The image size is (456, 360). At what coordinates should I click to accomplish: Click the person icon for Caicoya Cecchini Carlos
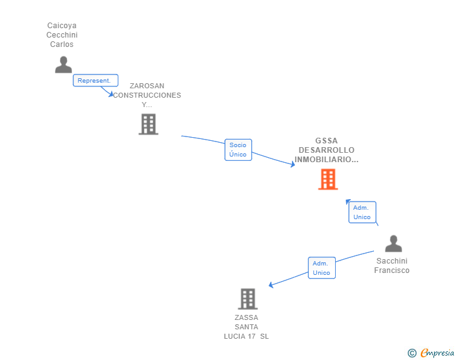(63, 64)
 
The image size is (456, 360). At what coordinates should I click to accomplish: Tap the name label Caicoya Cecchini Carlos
(61, 35)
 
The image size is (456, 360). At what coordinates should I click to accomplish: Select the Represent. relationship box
(95, 80)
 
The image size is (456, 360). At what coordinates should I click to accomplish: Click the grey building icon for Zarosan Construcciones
(148, 124)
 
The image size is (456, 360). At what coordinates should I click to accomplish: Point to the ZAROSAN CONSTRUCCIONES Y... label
(147, 95)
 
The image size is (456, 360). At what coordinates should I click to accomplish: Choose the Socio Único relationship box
(238, 150)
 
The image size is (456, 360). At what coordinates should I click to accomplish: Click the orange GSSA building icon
(328, 180)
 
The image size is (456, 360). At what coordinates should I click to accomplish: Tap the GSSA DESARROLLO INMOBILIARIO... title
(326, 150)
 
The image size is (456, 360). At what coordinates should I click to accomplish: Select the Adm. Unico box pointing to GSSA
(361, 212)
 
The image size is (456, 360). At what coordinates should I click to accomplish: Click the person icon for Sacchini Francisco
(393, 244)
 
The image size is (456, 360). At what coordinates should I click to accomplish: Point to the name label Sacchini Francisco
(392, 265)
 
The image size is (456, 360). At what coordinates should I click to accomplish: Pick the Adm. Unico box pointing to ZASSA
(321, 268)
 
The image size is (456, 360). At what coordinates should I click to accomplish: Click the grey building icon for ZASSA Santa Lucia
(248, 299)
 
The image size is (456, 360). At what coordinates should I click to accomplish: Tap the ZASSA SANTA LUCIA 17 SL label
(246, 327)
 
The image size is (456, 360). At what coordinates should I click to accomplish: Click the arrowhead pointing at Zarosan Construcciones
(111, 95)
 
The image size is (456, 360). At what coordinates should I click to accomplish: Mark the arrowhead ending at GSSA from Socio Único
(293, 165)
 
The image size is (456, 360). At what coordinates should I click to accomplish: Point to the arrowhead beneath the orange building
(348, 202)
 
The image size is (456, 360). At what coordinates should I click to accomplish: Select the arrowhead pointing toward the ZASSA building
(271, 285)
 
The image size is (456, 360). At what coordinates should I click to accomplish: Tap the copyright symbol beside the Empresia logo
(412, 353)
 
